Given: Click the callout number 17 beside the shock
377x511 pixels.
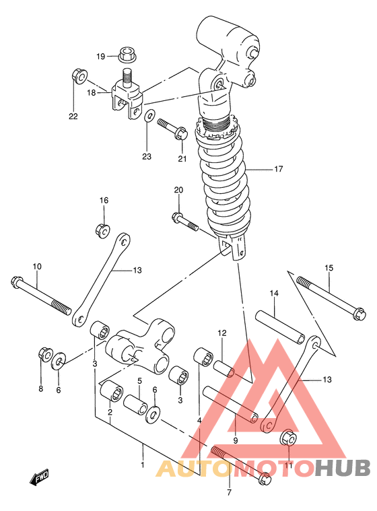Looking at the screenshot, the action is tap(278, 169).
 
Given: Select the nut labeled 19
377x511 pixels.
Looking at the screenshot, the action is tap(127, 55).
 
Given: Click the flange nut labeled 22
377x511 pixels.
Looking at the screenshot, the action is tap(79, 76).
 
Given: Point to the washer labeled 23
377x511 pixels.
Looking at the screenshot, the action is tap(149, 116).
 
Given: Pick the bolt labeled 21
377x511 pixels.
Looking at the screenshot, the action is tap(173, 130).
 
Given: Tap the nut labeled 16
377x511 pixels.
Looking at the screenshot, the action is tap(102, 230).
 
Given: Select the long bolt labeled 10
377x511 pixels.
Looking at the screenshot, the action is tap(41, 296).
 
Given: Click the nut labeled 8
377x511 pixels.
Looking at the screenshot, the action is tap(45, 355).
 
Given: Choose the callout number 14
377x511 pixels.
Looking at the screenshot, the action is tap(274, 294).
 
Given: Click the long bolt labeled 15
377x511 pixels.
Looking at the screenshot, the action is tap(332, 298).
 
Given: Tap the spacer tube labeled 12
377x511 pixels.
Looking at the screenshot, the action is tap(224, 368).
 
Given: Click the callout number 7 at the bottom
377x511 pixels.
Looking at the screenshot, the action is tap(229, 492).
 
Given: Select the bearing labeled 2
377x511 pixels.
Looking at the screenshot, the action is tap(111, 391).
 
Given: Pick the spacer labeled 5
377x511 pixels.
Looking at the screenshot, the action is tap(136, 405).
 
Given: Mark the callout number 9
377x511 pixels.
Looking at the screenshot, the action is tap(236, 441).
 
